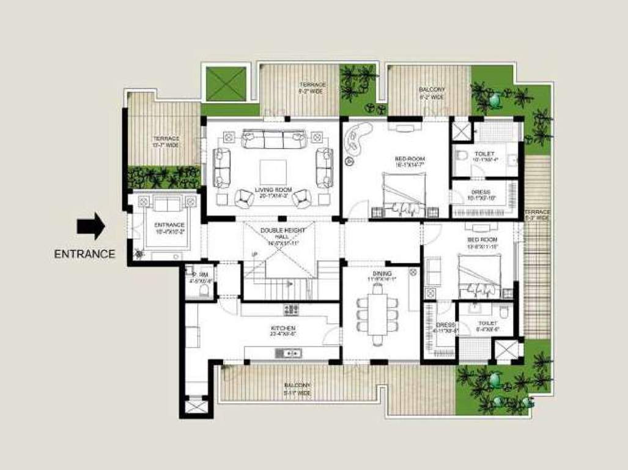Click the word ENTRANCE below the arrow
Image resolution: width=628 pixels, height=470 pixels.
tap(84, 254)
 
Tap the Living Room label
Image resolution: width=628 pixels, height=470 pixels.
tap(272, 192)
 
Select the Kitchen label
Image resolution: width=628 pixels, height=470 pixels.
tap(283, 331)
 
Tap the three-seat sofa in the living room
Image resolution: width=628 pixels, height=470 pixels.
tap(275, 139)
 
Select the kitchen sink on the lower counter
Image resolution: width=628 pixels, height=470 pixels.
tap(287, 352)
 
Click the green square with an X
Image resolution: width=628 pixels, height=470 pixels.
tap(226, 84)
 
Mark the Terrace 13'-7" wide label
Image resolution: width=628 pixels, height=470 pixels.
tap(166, 142)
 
